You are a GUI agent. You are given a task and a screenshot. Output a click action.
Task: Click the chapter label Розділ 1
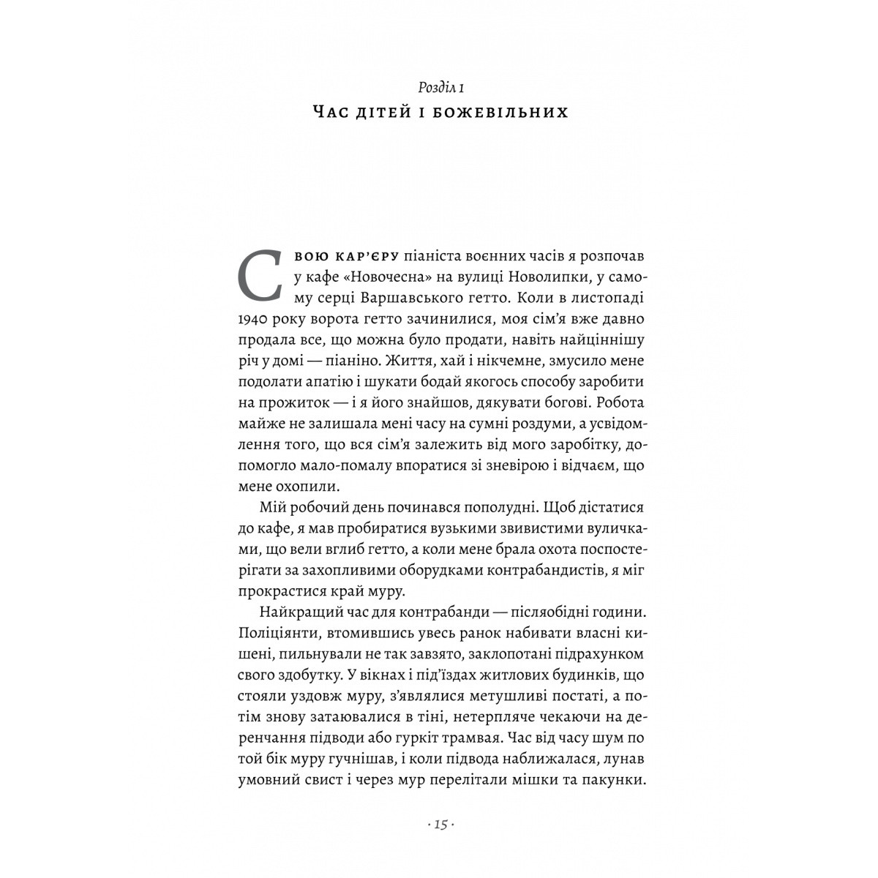point(440,89)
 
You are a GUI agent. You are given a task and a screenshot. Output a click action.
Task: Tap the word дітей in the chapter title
point(397,113)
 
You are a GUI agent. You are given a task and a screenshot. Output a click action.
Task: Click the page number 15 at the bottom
point(440,825)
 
